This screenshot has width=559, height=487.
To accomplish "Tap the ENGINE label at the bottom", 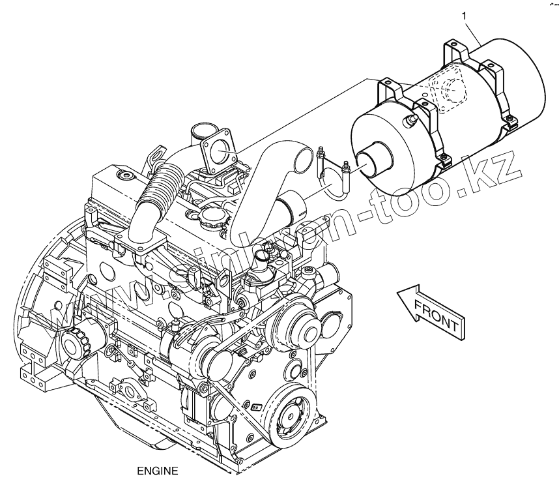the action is (x=154, y=469).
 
